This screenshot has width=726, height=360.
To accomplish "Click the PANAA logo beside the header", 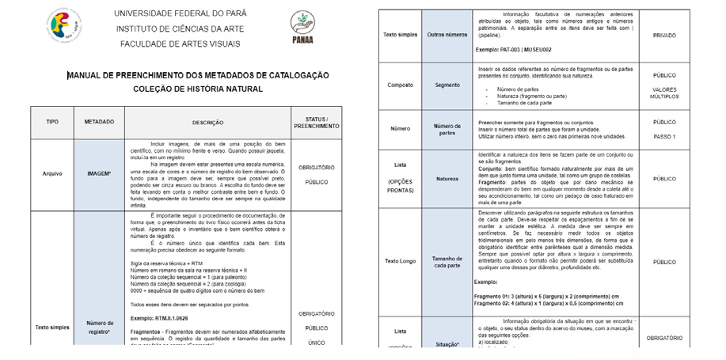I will click(x=302, y=27).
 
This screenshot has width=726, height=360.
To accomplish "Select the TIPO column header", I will click(x=52, y=122).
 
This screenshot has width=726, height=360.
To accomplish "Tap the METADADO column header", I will click(x=100, y=122).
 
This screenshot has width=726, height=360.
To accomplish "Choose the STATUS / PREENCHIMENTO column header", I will click(x=317, y=122).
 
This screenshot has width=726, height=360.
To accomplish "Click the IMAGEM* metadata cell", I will click(x=100, y=172).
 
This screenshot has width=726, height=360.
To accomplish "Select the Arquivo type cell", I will click(x=52, y=172).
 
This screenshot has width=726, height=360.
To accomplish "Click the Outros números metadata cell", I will click(x=447, y=35).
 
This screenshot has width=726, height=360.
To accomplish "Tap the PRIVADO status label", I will click(x=663, y=36).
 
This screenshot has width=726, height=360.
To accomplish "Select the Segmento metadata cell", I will click(x=447, y=85).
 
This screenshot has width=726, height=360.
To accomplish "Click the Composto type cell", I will click(x=400, y=85).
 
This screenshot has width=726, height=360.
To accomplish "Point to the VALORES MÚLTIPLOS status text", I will click(x=663, y=93).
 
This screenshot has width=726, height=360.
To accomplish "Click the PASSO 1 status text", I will click(x=663, y=137).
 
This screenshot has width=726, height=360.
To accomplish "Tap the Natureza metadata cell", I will click(x=447, y=180).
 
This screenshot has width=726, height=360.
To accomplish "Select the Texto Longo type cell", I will click(x=400, y=260).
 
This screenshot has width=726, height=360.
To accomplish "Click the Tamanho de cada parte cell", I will click(x=447, y=260).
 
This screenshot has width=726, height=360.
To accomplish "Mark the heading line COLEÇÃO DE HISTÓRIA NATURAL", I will click(x=198, y=89).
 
